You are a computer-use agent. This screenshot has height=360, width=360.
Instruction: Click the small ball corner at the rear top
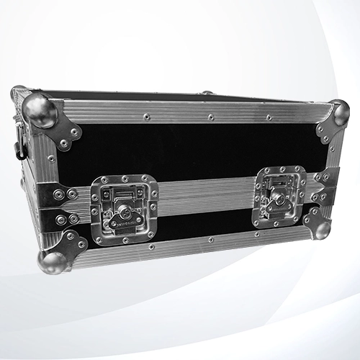[x=207, y=92]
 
